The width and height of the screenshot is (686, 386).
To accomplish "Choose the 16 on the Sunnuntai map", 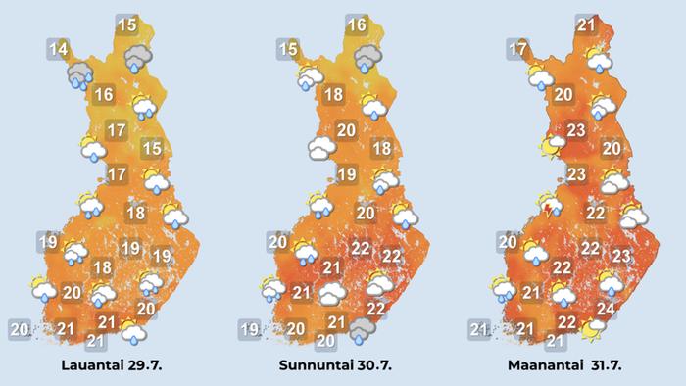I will (357, 25).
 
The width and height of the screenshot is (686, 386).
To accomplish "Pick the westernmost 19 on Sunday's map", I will (250, 329).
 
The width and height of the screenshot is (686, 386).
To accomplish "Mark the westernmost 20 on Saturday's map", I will (19, 329).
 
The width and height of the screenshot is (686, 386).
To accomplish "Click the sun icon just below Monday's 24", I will (592, 330).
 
